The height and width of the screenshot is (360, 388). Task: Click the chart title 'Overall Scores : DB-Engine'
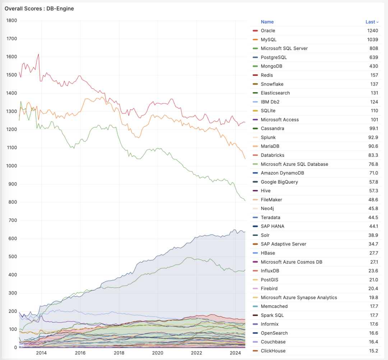coord(39,9)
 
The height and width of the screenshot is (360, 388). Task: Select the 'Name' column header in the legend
coord(267,22)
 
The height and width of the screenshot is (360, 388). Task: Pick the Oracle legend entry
coord(268,31)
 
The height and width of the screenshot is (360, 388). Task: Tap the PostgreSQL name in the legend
coord(274,57)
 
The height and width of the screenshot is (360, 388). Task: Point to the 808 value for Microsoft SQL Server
coord(374,48)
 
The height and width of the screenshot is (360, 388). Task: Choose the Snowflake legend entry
coord(272,84)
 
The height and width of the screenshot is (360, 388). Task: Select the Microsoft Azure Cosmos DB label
coord(291,262)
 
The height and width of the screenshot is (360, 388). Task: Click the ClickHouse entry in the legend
coord(273,351)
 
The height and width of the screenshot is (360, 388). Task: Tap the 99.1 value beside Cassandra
coord(373,128)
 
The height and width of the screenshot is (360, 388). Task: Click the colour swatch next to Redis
coord(255,75)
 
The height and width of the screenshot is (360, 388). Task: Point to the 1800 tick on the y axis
coord(12,20)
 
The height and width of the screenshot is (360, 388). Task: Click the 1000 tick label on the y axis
coord(12,166)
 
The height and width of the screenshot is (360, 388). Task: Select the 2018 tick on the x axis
coord(119,353)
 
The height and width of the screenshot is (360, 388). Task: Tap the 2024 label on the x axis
coord(235,353)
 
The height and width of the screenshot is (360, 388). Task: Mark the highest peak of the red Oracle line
coord(38,54)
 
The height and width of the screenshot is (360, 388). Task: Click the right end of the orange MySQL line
coord(245,159)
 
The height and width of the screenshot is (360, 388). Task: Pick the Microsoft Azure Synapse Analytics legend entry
coord(299,297)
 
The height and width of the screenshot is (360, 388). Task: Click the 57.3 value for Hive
coord(373,191)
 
